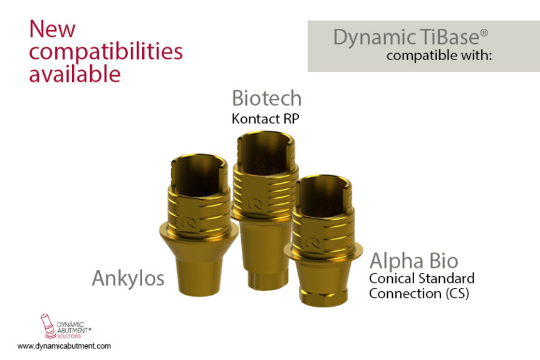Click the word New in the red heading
pyautogui.click(x=53, y=29)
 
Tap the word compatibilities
pyautogui.click(x=106, y=53)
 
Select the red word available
pyautogui.click(x=75, y=73)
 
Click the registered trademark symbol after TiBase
pyautogui.click(x=484, y=33)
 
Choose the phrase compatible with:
pyautogui.click(x=439, y=56)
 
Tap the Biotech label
pyautogui.click(x=267, y=98)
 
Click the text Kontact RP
pyautogui.click(x=265, y=119)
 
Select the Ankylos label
pyautogui.click(x=128, y=278)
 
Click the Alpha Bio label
pyautogui.click(x=413, y=261)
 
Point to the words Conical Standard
pyautogui.click(x=422, y=278)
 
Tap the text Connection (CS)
pyautogui.click(x=419, y=294)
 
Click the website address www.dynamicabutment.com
pyautogui.click(x=64, y=346)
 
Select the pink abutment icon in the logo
pyautogui.click(x=48, y=326)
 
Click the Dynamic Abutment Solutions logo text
pyautogui.click(x=74, y=330)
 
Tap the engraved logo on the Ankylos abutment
pyautogui.click(x=188, y=222)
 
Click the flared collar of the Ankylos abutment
pyautogui.click(x=199, y=237)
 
